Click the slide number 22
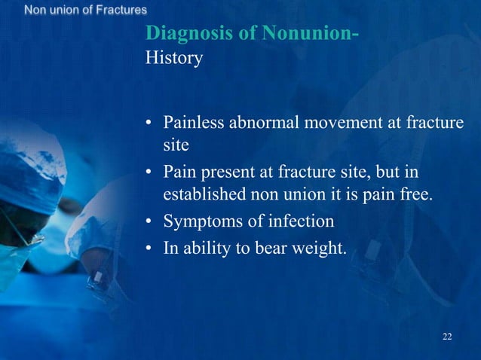[x=447, y=335]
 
